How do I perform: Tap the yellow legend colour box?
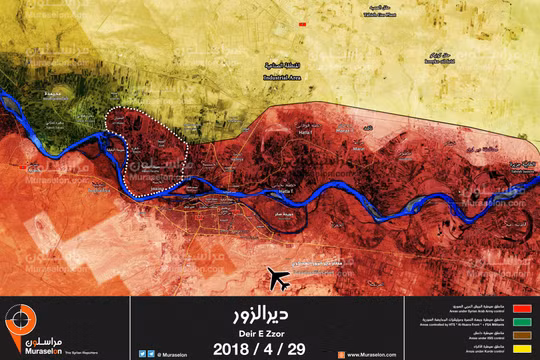click(x=518, y=348)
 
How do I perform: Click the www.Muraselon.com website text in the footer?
click(x=374, y=353)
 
